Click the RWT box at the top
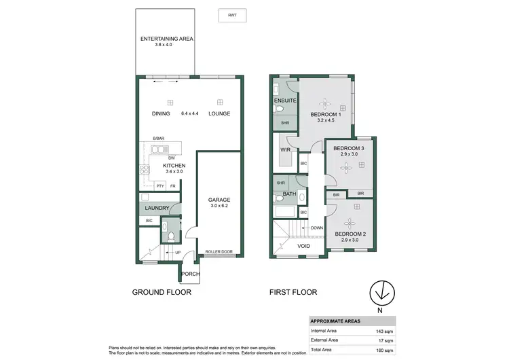click(232, 15)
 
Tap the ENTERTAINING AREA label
click(167, 39)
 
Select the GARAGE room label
click(219, 200)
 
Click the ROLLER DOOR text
click(219, 253)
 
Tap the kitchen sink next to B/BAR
click(158, 150)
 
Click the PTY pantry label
click(160, 185)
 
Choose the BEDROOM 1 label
click(326, 114)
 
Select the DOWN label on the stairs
click(316, 228)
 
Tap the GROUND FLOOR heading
click(162, 292)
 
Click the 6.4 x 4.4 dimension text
click(189, 113)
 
